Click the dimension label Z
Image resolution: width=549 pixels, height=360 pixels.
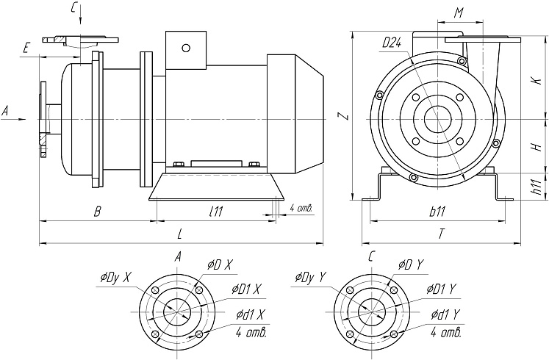tap(340, 115)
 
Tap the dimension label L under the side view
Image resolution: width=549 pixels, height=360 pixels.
tap(181, 233)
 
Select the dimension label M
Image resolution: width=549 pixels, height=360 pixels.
tap(458, 13)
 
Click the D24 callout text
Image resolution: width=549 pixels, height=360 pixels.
tap(391, 43)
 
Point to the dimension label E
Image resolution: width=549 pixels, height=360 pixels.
tap(26, 48)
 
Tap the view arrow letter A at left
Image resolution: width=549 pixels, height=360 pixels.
tap(6, 111)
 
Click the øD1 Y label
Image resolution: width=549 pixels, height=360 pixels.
tap(442, 290)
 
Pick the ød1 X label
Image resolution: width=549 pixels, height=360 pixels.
tap(251, 315)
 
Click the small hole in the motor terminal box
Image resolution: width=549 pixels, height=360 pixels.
tap(186, 48)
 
